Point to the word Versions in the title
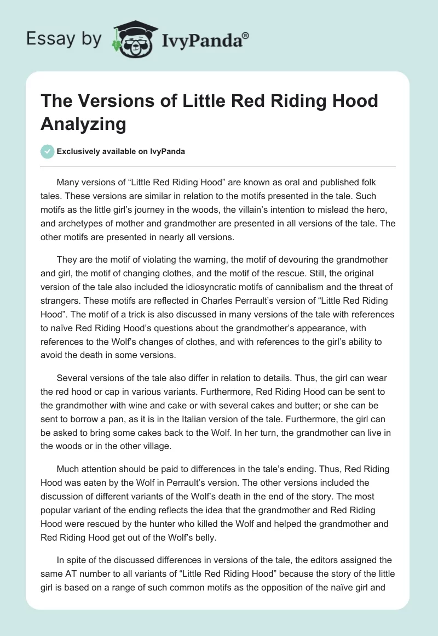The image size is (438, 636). [x=117, y=101]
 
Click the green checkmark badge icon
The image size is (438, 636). [x=47, y=151]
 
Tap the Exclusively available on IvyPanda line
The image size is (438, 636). [x=120, y=152]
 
